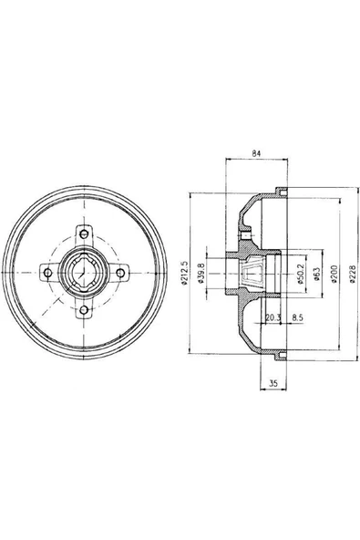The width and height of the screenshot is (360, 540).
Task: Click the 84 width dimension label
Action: tap(256, 153)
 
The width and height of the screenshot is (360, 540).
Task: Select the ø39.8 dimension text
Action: tap(201, 273)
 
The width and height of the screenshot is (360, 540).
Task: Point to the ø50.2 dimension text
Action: tap(300, 274)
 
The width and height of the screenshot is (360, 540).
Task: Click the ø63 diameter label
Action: tap(317, 274)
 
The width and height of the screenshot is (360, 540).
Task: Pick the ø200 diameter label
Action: tap(334, 274)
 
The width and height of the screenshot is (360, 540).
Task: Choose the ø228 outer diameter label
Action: tap(352, 274)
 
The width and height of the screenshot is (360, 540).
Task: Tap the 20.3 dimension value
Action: tap(273, 317)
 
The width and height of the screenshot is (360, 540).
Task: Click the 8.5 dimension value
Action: tap(297, 317)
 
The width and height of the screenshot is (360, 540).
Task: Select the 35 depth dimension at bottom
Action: tap(273, 383)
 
